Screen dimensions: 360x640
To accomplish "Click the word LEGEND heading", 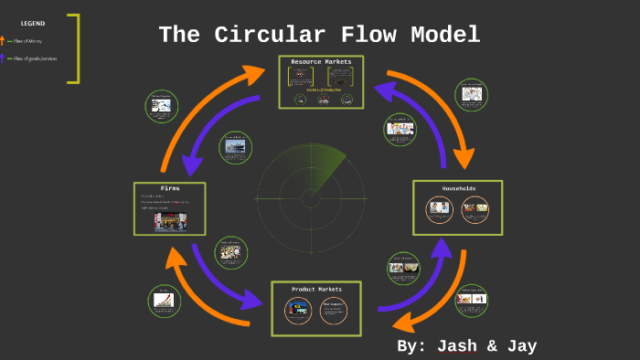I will tap(33, 23).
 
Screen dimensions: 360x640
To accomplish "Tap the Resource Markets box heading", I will tap(321, 62).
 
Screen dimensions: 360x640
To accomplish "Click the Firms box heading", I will tap(170, 188).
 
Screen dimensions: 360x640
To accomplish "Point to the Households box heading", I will tap(459, 188).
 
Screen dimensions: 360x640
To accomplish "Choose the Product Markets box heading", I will tap(316, 290).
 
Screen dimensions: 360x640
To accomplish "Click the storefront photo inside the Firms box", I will tap(171, 220).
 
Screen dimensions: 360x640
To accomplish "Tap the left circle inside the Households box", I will tap(439, 209).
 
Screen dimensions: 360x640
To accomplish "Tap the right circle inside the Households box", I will tap(475, 209).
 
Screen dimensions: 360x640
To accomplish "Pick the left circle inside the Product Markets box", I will tap(297, 311).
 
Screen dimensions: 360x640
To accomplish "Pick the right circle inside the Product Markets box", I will tap(334, 311).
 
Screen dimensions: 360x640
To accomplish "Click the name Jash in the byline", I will tap(464, 345).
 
